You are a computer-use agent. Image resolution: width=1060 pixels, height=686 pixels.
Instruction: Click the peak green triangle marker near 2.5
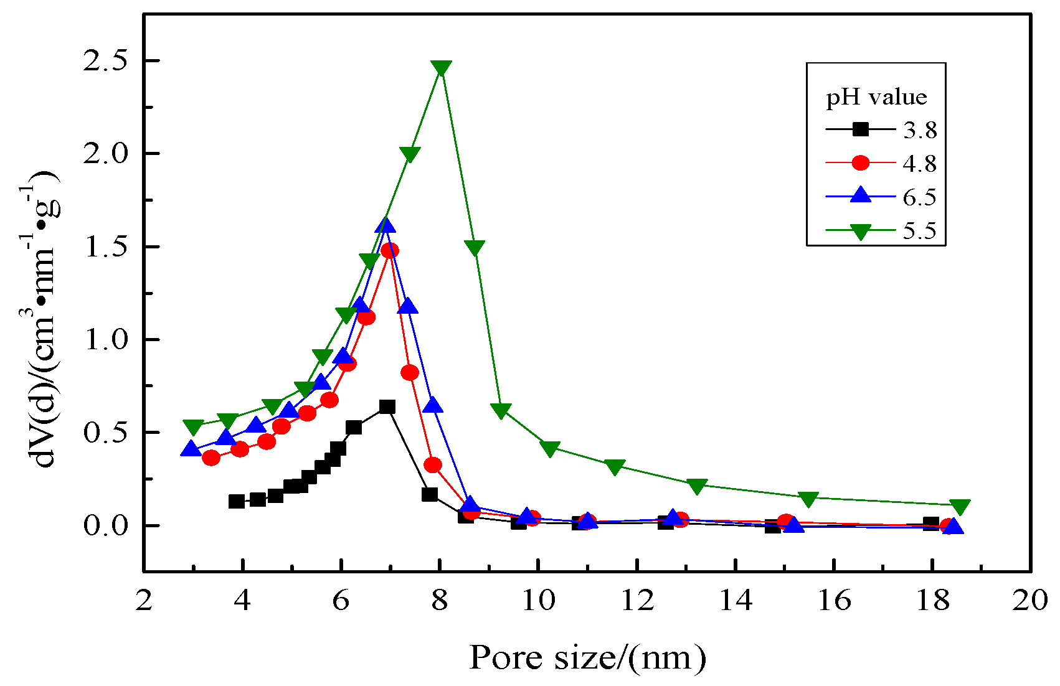click(x=441, y=67)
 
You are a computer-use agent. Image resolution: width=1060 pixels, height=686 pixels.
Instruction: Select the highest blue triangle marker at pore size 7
click(x=386, y=227)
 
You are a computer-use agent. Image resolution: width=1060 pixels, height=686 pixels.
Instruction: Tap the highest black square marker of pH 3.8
click(x=387, y=407)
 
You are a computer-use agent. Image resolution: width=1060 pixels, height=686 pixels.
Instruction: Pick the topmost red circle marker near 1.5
click(x=390, y=251)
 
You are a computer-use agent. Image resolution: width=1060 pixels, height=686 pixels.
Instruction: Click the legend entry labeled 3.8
click(x=919, y=130)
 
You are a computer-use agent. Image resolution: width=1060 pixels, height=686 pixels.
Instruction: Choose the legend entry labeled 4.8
click(x=919, y=164)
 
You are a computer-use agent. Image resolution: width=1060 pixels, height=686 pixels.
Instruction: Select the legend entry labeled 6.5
click(x=919, y=197)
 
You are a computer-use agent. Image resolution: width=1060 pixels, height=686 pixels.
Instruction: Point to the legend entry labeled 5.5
click(x=919, y=231)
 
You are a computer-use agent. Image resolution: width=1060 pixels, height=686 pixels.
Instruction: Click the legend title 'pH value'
click(x=876, y=97)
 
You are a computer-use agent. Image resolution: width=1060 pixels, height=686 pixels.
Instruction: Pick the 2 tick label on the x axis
click(x=144, y=601)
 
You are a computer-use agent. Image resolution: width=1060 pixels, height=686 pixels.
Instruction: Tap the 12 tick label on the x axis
click(x=637, y=601)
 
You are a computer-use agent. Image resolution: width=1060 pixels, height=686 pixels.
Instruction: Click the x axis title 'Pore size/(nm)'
click(x=587, y=658)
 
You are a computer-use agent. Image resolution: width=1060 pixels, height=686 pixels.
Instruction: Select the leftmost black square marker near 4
click(x=237, y=501)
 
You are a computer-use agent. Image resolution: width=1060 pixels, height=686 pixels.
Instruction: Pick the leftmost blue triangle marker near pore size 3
click(x=191, y=449)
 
